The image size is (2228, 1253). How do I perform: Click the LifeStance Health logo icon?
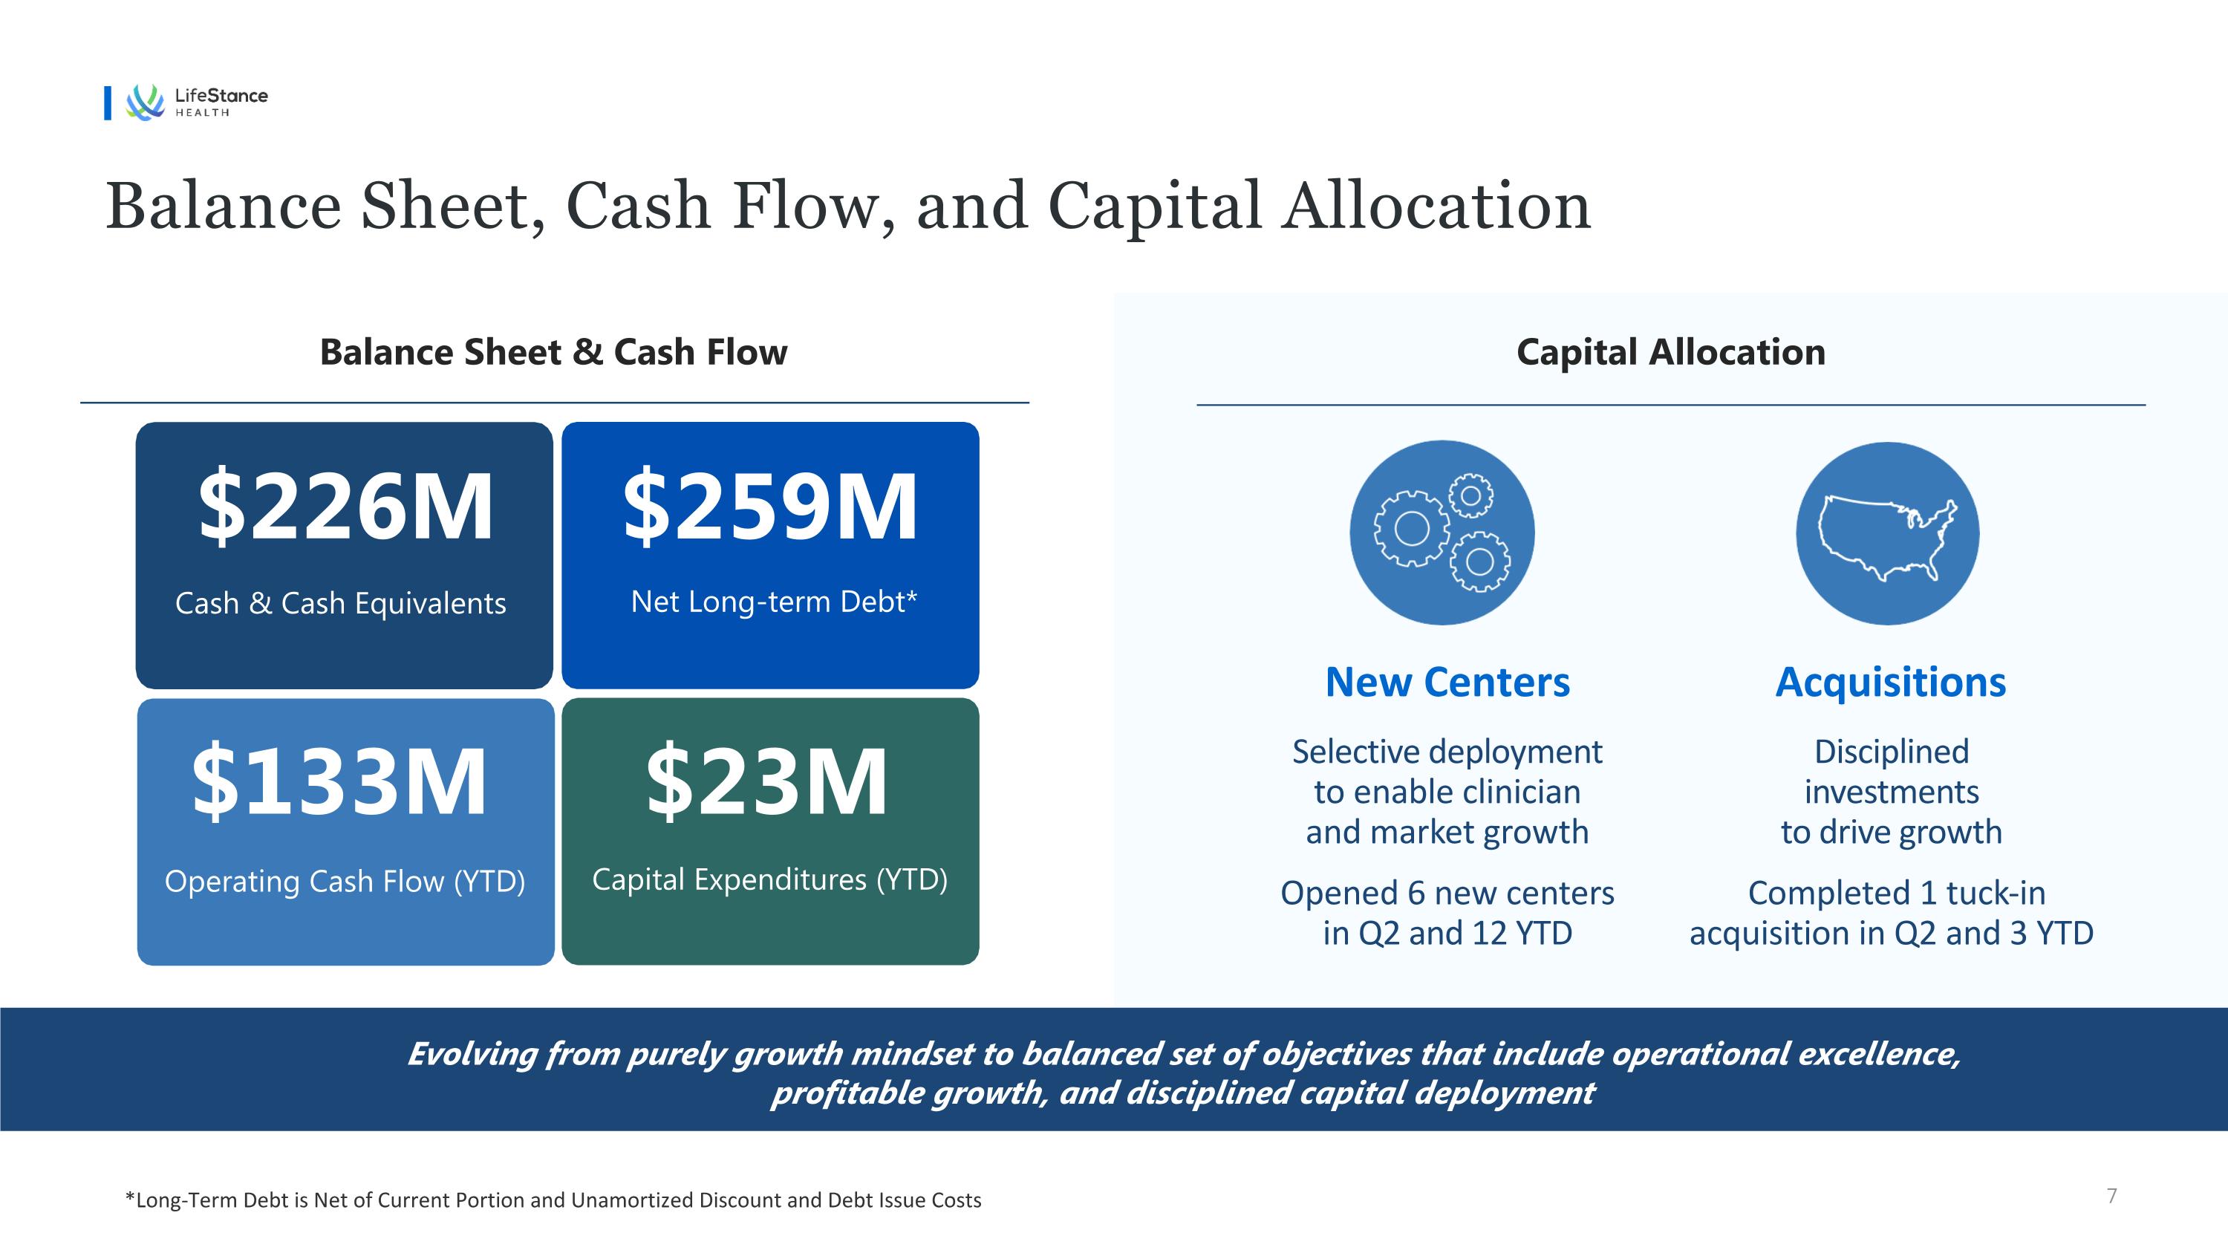point(144,102)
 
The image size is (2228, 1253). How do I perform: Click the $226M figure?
point(346,506)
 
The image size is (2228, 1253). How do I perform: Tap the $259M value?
point(769,506)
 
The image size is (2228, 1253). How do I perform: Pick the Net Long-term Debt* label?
point(773,601)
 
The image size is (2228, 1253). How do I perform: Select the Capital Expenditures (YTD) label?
point(769,879)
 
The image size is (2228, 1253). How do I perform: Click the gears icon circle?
point(1442,533)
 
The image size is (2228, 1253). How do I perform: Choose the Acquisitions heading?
point(1891,683)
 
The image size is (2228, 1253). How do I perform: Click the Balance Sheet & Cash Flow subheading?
point(553,352)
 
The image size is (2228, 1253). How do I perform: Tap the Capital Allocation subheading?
point(1671,352)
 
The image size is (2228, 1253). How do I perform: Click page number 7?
point(2112,1196)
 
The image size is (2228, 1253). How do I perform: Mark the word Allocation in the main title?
point(1436,207)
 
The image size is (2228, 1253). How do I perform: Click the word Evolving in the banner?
point(472,1054)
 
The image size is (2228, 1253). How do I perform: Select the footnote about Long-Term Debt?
point(553,1200)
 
